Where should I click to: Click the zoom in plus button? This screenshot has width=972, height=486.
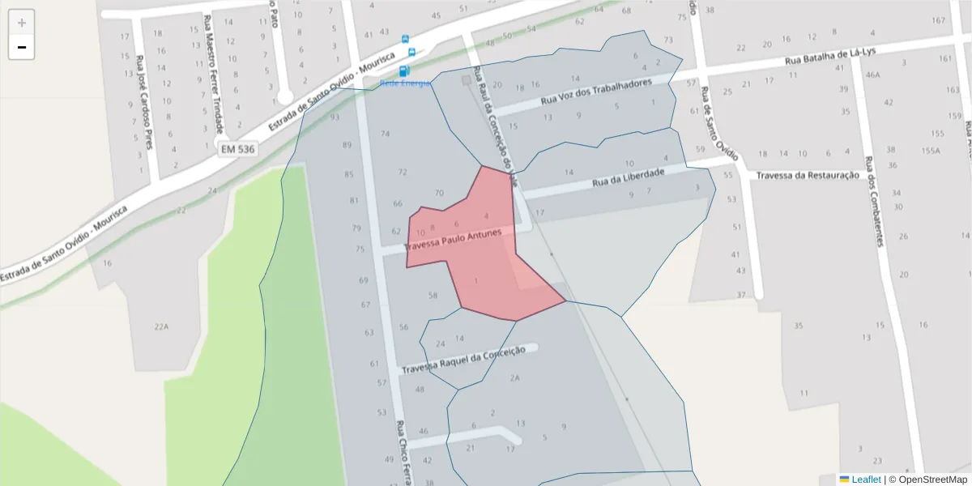point(22,23)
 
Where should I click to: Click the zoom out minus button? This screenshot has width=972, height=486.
point(22,47)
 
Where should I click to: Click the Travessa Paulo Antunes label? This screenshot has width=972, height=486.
point(458,240)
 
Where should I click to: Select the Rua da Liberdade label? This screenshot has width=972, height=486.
point(628,177)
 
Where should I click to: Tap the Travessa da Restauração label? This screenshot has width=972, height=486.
point(807,175)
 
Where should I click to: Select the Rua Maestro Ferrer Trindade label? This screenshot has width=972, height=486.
point(213,73)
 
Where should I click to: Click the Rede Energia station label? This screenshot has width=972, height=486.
point(405,83)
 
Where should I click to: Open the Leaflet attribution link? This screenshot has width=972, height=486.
point(866,480)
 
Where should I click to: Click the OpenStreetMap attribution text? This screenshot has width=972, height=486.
point(931,480)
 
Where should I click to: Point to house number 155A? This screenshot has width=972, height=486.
point(930,151)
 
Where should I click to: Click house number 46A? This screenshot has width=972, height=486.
point(872,75)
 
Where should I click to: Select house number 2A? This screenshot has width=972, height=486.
point(514,377)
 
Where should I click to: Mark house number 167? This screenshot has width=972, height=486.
point(939,20)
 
